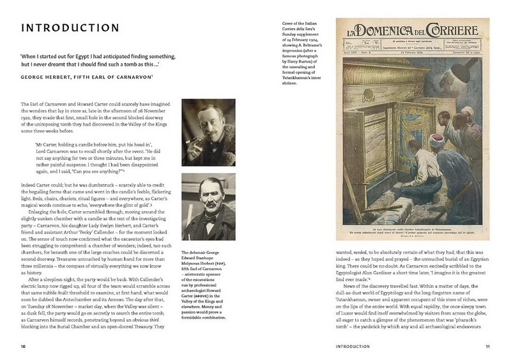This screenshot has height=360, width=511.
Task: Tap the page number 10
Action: (x=23, y=347)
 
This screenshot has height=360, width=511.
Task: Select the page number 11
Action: (x=487, y=347)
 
